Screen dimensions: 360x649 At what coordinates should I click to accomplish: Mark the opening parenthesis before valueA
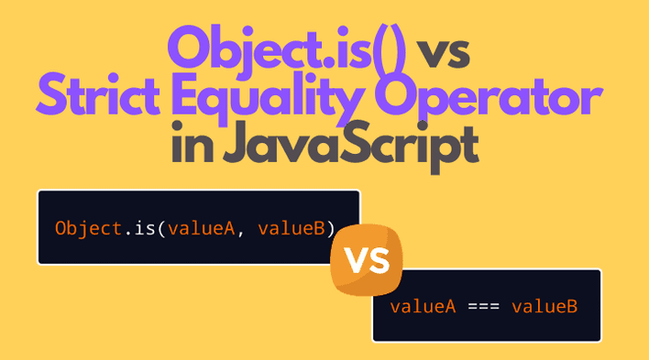[x=159, y=227]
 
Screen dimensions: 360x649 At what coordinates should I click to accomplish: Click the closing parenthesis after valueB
[x=331, y=227]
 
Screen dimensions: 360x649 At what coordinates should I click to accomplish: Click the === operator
[x=482, y=306]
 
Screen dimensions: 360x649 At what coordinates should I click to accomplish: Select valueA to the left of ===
[x=423, y=306]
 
